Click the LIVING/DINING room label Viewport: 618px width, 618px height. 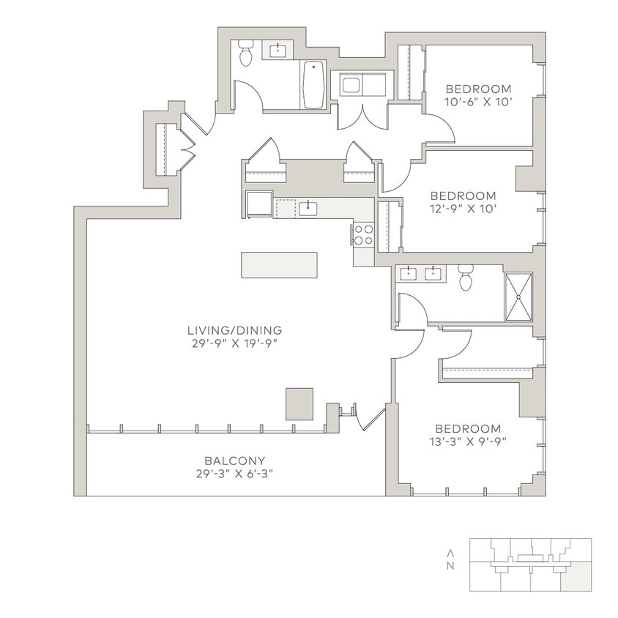pos(234,330)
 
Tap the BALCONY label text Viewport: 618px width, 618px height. pos(234,461)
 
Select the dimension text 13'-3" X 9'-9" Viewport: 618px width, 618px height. pos(468,441)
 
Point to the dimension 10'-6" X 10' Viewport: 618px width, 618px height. pos(477,102)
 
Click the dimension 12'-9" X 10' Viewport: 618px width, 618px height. pos(463,208)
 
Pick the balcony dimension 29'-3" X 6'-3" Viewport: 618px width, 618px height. pos(234,473)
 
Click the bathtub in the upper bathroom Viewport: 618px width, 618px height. pos(314,85)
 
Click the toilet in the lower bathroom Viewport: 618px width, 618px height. pos(466,278)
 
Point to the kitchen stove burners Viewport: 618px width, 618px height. pos(363,234)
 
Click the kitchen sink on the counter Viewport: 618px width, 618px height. pos(308,209)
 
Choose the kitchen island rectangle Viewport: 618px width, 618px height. pos(279,264)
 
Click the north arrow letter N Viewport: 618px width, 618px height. pos(451,565)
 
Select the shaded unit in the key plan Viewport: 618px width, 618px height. pos(576,577)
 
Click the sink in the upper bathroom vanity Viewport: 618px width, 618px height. pos(278,51)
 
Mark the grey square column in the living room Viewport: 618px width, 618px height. pos(299,403)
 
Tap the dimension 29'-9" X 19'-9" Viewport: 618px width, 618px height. pos(234,342)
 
